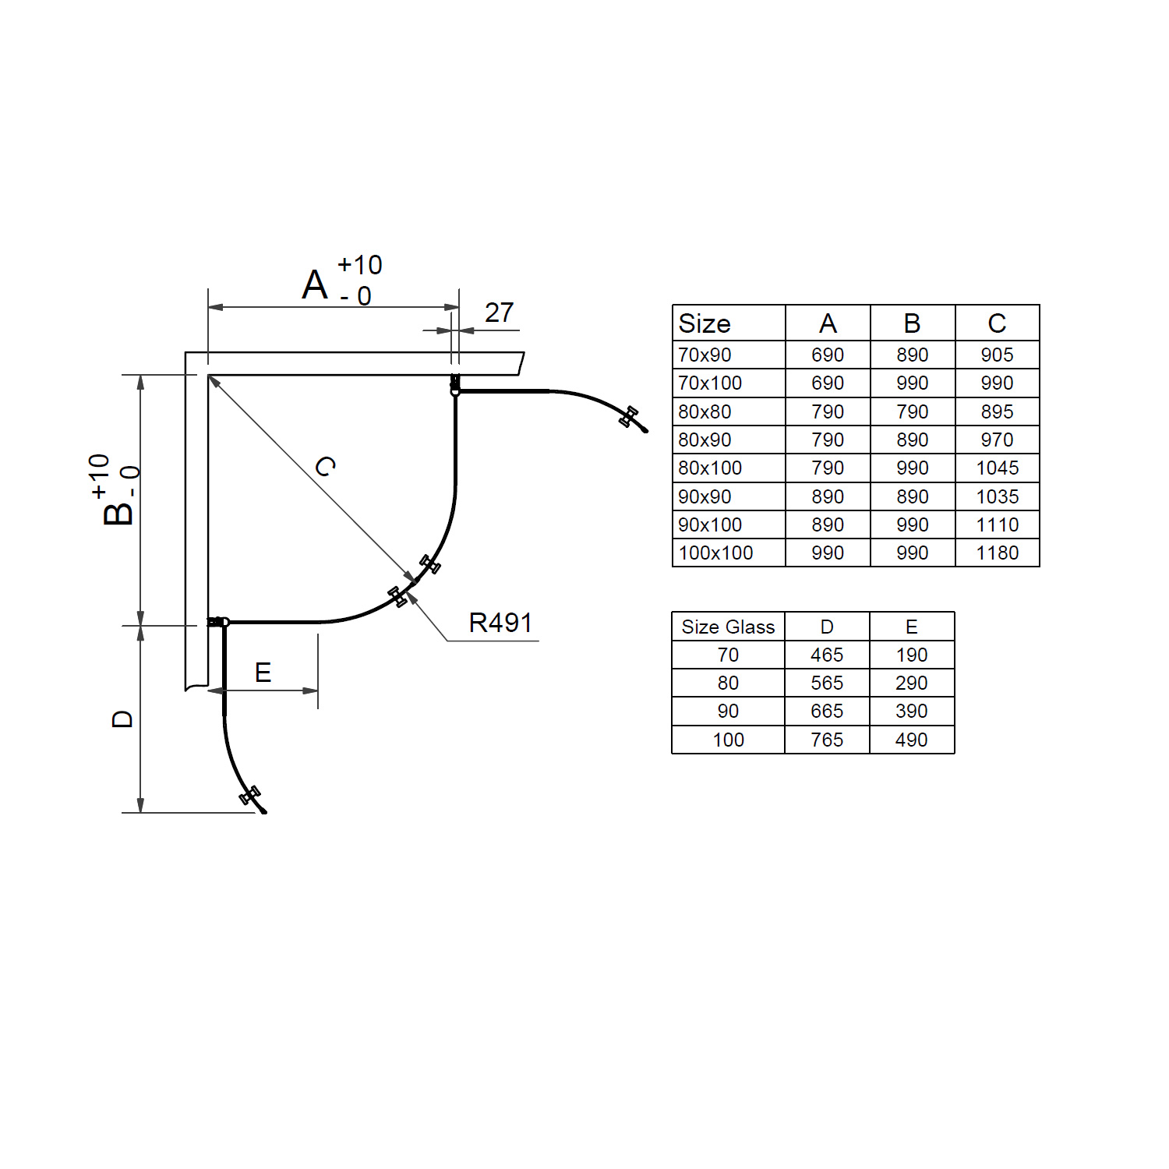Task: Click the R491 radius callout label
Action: [500, 623]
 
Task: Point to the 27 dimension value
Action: [499, 313]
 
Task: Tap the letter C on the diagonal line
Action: [326, 467]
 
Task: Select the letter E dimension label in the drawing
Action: [263, 673]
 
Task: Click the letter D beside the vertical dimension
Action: [123, 719]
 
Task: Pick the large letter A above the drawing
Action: [315, 284]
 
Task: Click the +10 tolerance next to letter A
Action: [359, 265]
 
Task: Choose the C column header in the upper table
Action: [997, 323]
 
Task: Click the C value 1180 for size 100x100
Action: [997, 553]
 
